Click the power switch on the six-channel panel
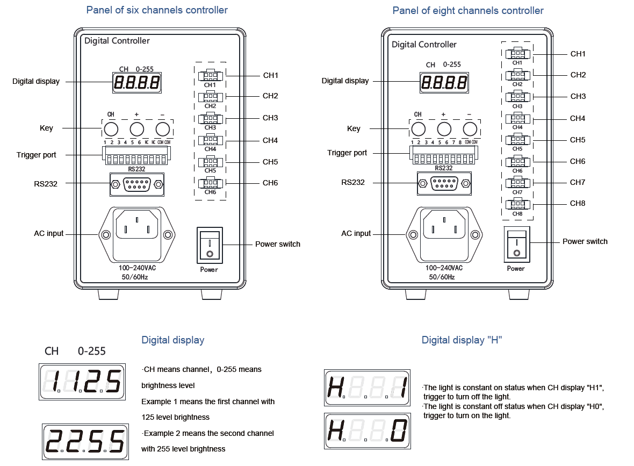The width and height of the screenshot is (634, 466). click(x=210, y=245)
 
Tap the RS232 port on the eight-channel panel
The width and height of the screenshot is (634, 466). click(x=444, y=183)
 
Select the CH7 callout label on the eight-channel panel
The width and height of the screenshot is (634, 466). click(x=578, y=182)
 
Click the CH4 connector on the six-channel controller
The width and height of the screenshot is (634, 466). click(x=210, y=140)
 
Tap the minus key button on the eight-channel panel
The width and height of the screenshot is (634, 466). click(x=470, y=129)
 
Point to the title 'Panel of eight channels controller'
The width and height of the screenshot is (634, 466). click(x=467, y=11)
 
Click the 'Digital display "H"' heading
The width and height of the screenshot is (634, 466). click(x=462, y=340)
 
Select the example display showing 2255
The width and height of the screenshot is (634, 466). click(x=85, y=441)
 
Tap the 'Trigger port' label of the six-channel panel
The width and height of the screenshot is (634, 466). click(x=37, y=155)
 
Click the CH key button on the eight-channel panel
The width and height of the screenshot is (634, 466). click(x=417, y=129)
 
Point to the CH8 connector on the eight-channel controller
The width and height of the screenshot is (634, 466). click(x=517, y=204)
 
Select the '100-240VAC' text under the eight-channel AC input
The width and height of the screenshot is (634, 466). click(x=444, y=268)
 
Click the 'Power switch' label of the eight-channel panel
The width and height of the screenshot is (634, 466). click(x=585, y=241)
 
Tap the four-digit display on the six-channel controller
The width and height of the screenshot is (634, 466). click(x=138, y=83)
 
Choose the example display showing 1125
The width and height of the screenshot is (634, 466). click(x=83, y=382)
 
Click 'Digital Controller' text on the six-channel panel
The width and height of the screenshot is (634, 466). click(x=117, y=41)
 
